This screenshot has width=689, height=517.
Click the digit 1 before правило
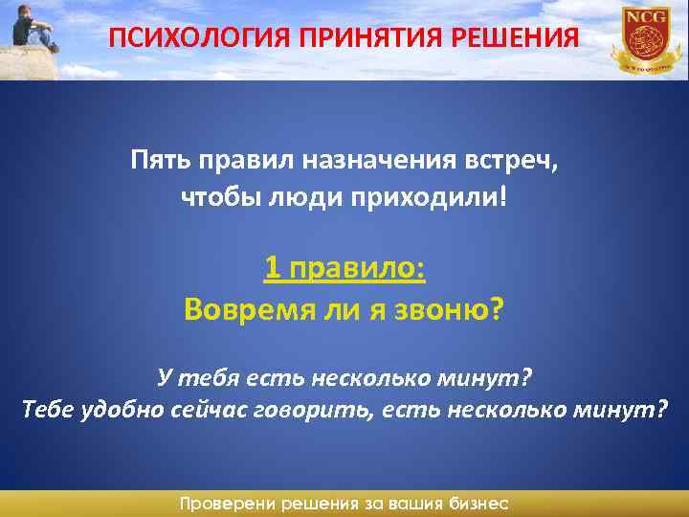pyautogui.click(x=272, y=269)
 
